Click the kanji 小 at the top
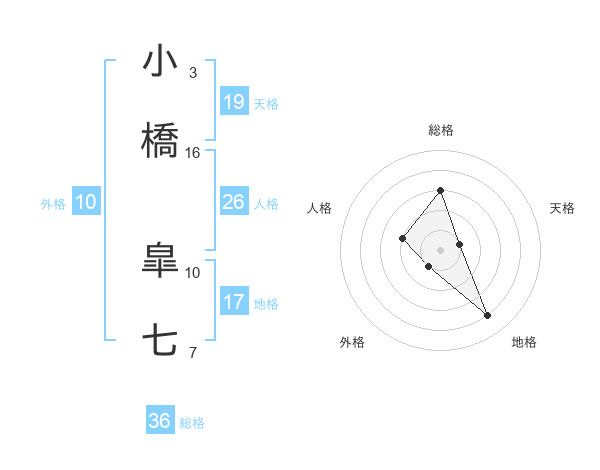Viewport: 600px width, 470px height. (x=160, y=62)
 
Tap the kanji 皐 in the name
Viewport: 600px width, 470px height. (x=160, y=263)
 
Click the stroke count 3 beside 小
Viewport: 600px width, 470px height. (x=193, y=72)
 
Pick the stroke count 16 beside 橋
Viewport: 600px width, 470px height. (x=193, y=152)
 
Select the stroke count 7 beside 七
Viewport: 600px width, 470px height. (x=193, y=352)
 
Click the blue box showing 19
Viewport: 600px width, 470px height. (x=233, y=101)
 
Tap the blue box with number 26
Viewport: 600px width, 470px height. (x=233, y=202)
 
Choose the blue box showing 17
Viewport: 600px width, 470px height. (x=233, y=302)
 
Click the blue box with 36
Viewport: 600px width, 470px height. (x=160, y=421)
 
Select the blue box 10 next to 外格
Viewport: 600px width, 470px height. (x=86, y=202)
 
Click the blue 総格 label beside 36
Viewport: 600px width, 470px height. (x=192, y=423)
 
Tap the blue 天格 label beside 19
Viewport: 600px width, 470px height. (x=266, y=103)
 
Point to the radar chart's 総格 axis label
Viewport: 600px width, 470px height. (x=441, y=130)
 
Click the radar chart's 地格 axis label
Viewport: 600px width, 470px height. (x=524, y=342)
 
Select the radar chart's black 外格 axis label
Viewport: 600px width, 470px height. (x=352, y=342)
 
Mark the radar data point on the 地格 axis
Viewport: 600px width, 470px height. (x=488, y=316)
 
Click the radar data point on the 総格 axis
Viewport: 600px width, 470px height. (x=440, y=190)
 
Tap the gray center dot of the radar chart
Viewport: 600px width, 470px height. (x=440, y=250)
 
